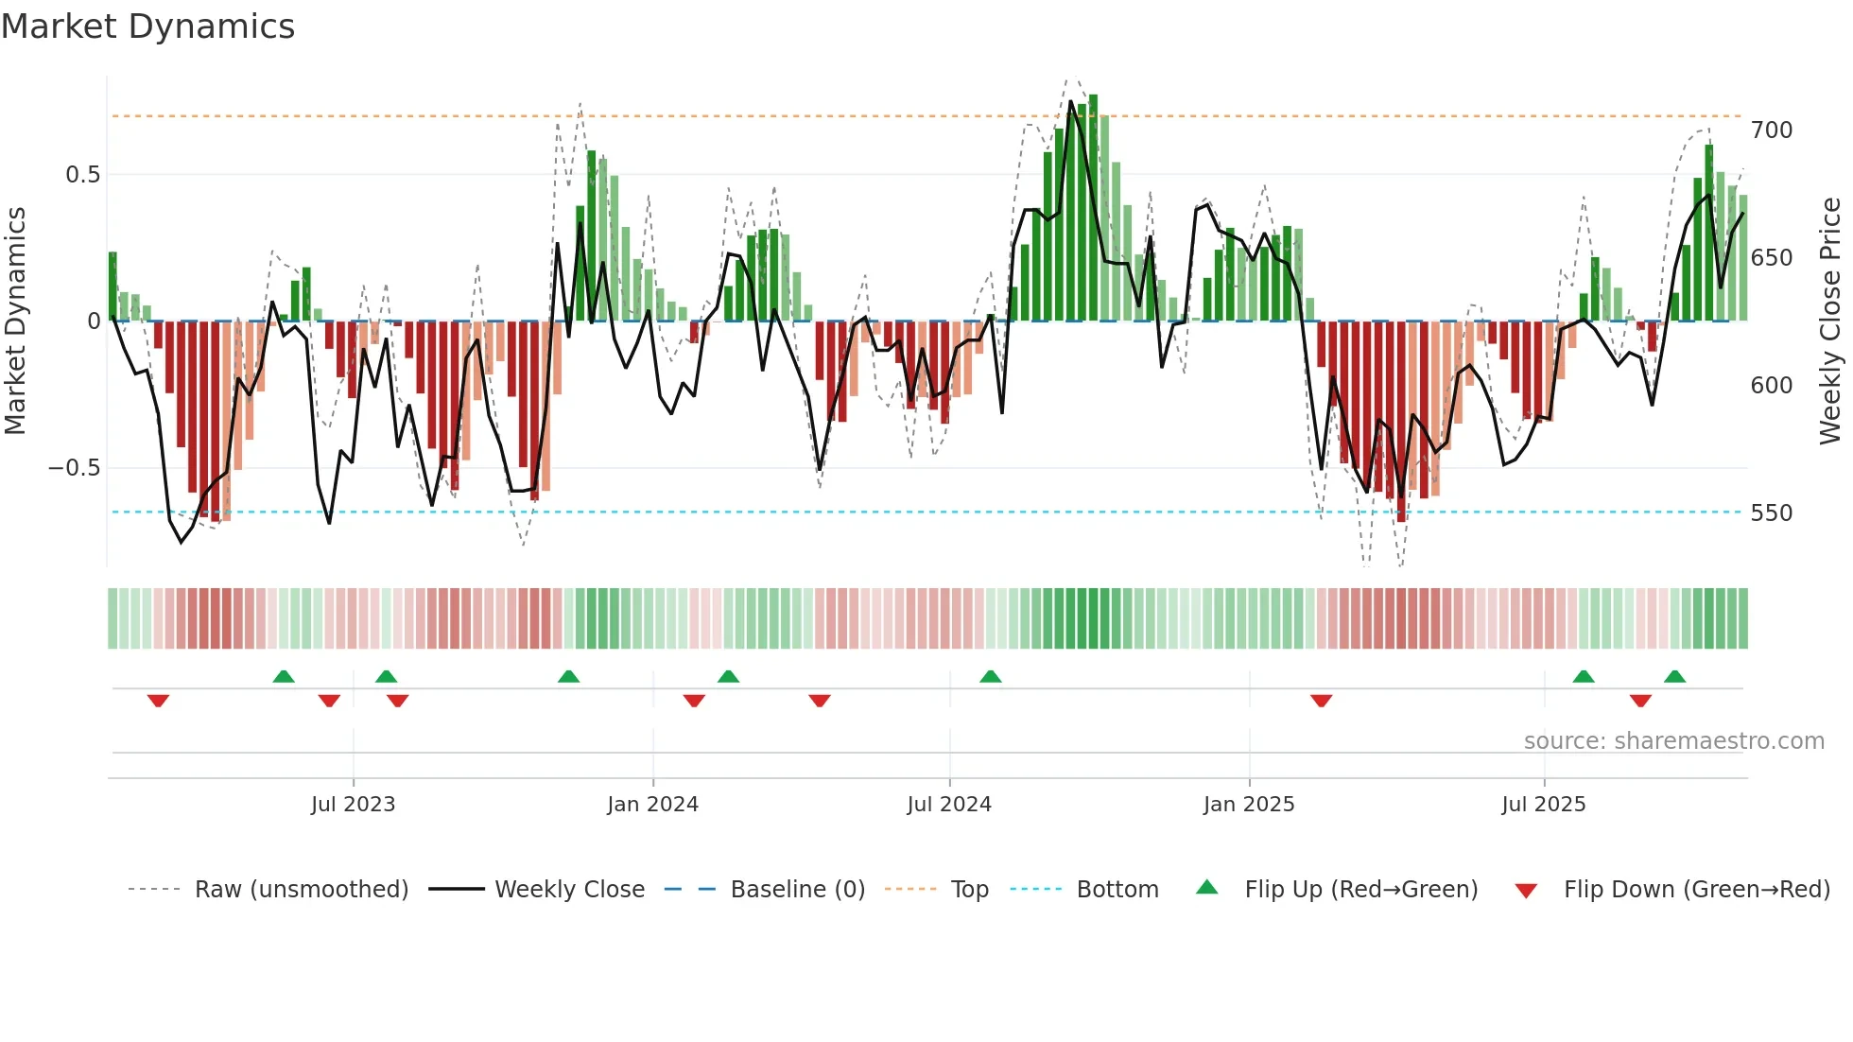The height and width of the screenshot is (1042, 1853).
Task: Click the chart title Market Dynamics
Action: point(147,26)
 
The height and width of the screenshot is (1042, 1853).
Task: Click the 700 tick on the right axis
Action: point(1771,130)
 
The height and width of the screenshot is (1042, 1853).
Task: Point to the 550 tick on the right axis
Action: point(1771,513)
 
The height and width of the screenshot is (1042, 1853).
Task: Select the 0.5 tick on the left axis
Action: point(82,175)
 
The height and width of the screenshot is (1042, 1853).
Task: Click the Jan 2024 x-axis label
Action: point(652,805)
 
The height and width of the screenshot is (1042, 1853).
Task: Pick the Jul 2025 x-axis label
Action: point(1543,805)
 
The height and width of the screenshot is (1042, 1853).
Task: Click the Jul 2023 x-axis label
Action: point(353,805)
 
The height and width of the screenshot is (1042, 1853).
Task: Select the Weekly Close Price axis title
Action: point(1830,321)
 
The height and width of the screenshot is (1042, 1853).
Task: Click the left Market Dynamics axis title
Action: point(16,321)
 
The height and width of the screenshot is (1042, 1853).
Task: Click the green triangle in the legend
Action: point(1207,888)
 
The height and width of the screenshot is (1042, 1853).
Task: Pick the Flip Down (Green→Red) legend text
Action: point(1696,890)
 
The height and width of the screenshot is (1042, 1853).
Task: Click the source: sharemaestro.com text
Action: point(1673,741)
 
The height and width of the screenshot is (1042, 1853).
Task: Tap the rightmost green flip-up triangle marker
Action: point(1674,677)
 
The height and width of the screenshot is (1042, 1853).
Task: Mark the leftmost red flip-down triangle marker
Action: point(158,701)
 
